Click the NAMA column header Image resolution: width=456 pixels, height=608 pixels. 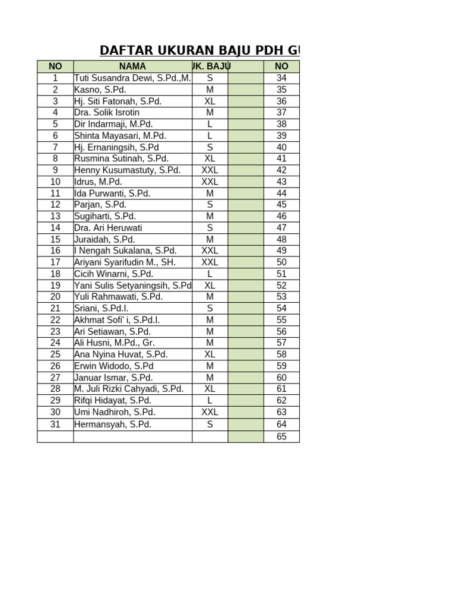pos(132,66)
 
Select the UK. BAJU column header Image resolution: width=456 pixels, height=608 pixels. pos(211,66)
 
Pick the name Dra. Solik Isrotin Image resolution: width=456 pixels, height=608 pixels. pos(107,113)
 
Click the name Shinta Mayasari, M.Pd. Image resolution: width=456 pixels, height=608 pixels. pos(120,136)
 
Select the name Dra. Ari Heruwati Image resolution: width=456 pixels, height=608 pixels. pos(108,228)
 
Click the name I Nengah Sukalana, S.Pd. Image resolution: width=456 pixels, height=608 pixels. pos(125,251)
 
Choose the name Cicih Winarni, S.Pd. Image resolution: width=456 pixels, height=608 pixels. pos(113,274)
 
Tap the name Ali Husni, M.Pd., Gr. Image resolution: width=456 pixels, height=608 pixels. pos(115,343)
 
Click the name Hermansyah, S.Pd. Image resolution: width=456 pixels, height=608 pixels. pos(113,425)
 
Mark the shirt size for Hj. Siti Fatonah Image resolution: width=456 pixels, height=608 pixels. pos(210,102)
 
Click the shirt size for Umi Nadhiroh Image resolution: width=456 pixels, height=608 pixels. pos(210,412)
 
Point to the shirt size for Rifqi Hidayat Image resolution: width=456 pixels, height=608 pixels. pos(210,401)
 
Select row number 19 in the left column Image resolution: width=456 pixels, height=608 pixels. pos(55,286)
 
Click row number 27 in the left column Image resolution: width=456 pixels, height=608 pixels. pos(55,378)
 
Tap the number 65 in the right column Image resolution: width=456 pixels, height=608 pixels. pos(281,436)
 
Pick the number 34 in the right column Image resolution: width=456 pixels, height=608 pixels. pos(281,78)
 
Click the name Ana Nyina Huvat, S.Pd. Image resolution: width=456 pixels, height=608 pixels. pos(121,354)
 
